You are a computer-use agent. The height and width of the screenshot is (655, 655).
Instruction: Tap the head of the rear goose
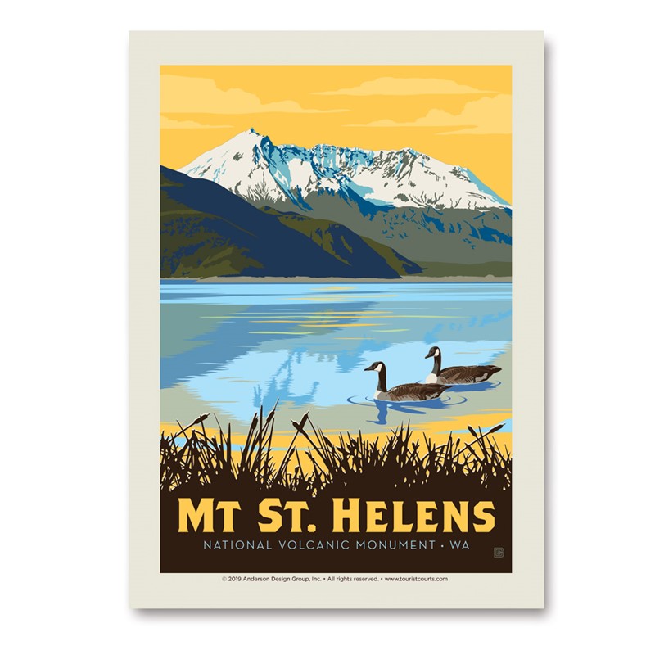point(431,352)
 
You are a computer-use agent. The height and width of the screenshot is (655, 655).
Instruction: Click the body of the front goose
point(413,391)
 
